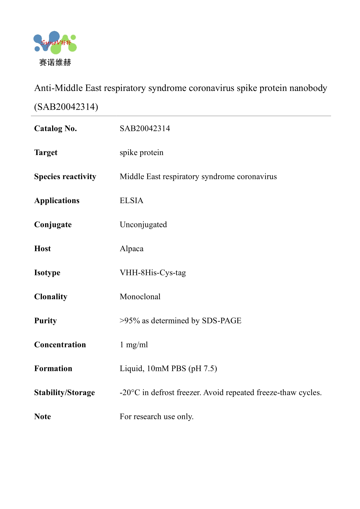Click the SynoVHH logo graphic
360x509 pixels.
(x=55, y=43)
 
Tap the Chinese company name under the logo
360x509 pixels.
(x=55, y=63)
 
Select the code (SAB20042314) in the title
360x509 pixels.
(x=66, y=107)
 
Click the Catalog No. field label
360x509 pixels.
(x=56, y=128)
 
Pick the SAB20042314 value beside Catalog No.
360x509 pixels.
(x=145, y=128)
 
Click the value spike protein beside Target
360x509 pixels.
(x=141, y=153)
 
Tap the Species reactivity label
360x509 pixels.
(x=65, y=177)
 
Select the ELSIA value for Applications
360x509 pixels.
(x=131, y=201)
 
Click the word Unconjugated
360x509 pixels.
(x=143, y=225)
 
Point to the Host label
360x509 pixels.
(x=43, y=249)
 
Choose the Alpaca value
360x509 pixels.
(x=131, y=249)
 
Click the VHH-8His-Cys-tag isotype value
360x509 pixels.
(x=153, y=273)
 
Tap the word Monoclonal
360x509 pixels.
(x=140, y=297)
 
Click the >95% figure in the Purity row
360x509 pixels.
(x=130, y=321)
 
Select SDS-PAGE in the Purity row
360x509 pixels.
(x=222, y=321)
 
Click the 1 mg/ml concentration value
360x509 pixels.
(x=134, y=345)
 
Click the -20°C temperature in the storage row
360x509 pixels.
(x=130, y=393)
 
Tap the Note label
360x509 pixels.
(x=43, y=417)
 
